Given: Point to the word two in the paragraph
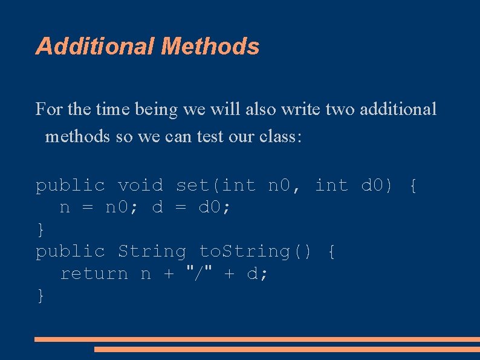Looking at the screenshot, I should point(340,110).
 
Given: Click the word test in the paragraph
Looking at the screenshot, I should point(210,137).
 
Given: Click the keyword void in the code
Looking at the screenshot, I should point(140,185).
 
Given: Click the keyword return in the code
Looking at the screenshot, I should point(94,274).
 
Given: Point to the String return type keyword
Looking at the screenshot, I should point(152,251).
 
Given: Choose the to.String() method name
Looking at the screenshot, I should point(256,251).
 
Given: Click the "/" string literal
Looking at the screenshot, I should point(199,273).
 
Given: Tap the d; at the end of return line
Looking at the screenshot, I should point(258,274).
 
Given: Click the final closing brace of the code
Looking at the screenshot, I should point(40,296).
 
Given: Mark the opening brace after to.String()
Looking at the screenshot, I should point(331,252).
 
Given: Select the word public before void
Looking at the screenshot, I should point(70,185).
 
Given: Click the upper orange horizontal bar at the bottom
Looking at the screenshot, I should point(257,339).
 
